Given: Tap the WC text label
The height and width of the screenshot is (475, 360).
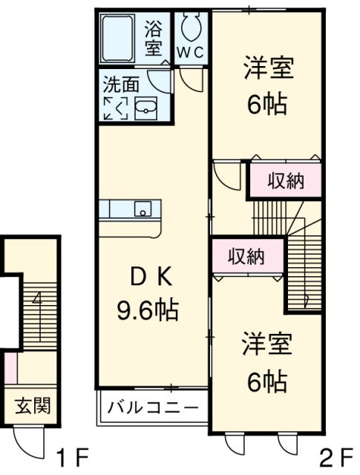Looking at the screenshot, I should coord(192,53).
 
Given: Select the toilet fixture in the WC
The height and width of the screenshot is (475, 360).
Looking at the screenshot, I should coord(191,27).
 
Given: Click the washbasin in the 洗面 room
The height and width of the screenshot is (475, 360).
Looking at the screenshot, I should coord(147,108).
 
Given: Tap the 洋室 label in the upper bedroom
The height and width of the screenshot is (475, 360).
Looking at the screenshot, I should coord(268,70).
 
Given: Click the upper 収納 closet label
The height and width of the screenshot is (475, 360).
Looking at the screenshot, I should coord(286,180).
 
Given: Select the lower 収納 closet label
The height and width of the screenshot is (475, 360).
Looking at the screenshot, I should coord(246,256).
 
